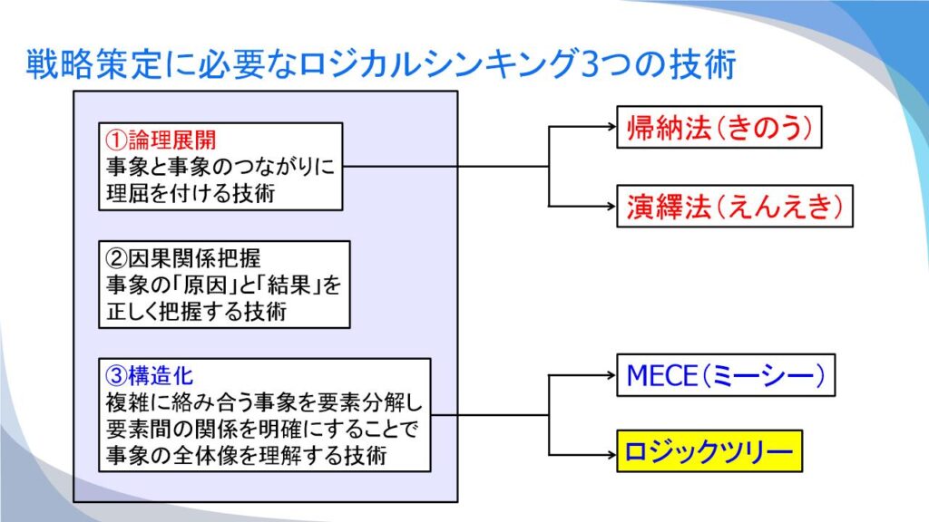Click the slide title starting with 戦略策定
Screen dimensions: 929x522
[x=381, y=64]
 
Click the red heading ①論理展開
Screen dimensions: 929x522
[x=161, y=140]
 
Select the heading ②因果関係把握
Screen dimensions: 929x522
[x=183, y=258]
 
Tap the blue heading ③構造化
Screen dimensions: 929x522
[x=150, y=375]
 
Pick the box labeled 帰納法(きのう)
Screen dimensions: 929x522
[x=719, y=127]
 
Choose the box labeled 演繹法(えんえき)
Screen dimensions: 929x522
[x=735, y=206]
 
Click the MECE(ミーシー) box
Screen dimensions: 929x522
[x=726, y=375]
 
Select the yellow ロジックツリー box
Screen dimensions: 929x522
[x=709, y=451]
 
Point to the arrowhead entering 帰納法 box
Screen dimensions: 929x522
[x=612, y=126]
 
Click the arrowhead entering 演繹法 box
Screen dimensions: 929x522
[x=612, y=206]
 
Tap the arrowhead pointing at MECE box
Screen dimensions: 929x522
[x=612, y=374]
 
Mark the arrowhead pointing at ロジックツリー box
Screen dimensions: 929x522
[x=612, y=455]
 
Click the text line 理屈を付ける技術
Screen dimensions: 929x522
[x=191, y=193]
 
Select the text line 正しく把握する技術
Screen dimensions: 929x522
[x=196, y=311]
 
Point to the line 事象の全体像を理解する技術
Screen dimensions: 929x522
[x=247, y=455]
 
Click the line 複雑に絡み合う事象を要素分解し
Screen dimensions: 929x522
[x=264, y=402]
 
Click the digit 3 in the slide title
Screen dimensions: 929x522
[x=590, y=64]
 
